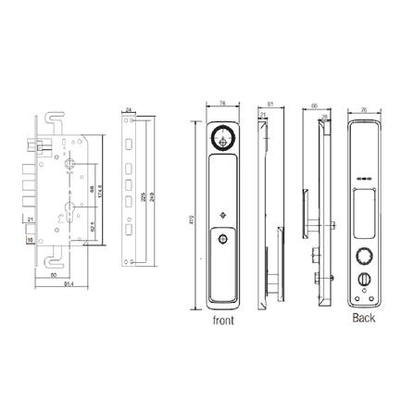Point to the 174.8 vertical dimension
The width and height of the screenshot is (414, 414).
point(98,193)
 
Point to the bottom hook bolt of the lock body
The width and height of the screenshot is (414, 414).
point(47,255)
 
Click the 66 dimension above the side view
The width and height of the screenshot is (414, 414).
point(316,107)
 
